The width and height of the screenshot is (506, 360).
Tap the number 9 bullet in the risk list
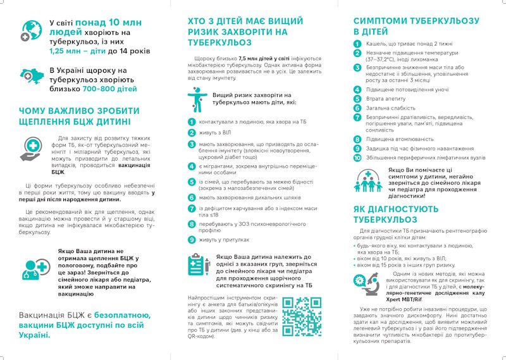click(191, 240)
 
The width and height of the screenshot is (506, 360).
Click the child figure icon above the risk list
click(196, 101)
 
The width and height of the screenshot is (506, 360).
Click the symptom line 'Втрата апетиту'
click(386, 99)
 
